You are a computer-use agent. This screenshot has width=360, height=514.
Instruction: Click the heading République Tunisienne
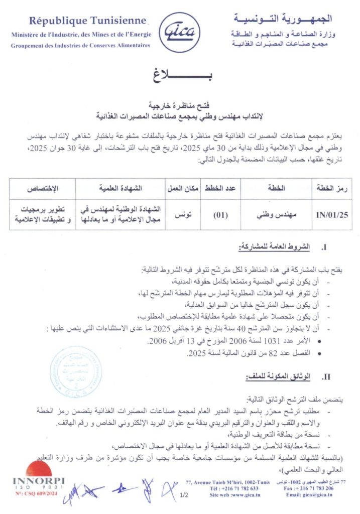click(88, 21)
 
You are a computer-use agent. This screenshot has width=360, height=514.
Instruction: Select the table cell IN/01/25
click(332, 215)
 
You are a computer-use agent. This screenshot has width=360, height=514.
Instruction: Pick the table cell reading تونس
click(184, 215)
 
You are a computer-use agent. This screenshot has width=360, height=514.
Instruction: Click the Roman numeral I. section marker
click(324, 248)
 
